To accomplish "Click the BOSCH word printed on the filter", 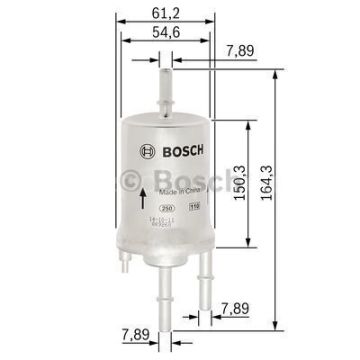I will pos(168,151).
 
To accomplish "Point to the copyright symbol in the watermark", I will pos(130,180).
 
